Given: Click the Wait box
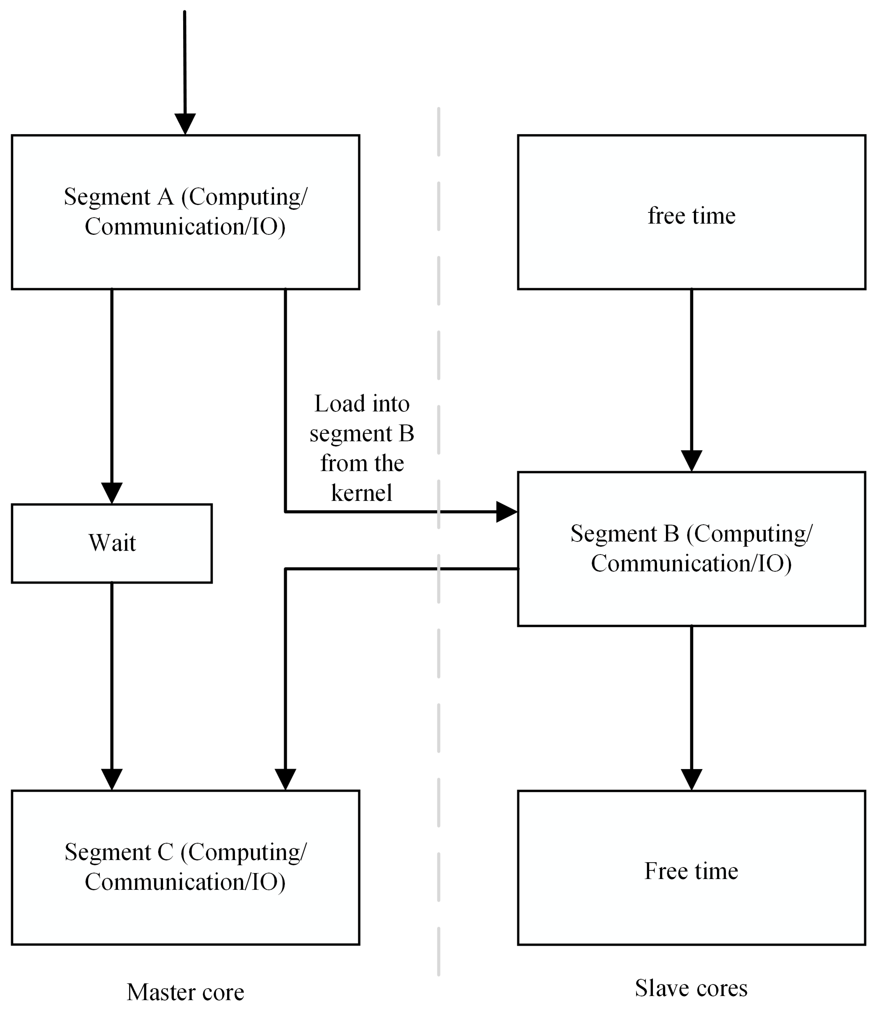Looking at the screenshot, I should tap(112, 543).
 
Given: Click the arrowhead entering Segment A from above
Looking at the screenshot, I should tap(185, 124).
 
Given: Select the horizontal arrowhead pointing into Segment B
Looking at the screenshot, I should tap(506, 512).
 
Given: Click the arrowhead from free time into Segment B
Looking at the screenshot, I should tap(691, 460).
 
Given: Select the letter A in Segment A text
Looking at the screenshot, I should tap(166, 197).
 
